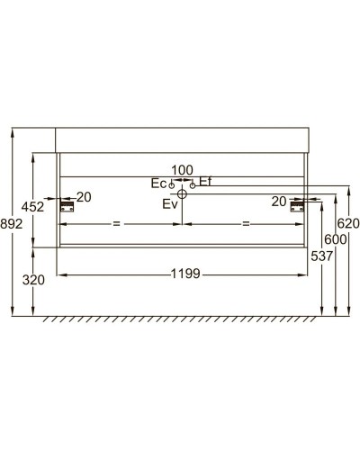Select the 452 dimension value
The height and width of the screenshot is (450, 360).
32,207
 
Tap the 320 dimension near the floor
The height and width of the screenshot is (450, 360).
32,280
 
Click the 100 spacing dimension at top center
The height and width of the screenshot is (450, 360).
182,170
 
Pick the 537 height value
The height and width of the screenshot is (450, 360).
321,256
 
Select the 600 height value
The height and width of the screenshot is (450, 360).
336,239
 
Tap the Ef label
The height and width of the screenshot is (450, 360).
205,182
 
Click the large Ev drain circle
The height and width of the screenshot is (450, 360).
182,193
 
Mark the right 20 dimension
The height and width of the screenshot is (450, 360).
279,201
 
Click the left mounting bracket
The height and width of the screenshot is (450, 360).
66,206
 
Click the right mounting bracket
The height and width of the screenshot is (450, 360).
298,206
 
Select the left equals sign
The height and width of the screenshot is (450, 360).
114,222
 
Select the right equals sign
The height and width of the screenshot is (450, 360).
245,222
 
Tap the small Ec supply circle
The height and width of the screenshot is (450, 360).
172,184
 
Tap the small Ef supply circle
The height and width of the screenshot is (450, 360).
192,184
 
